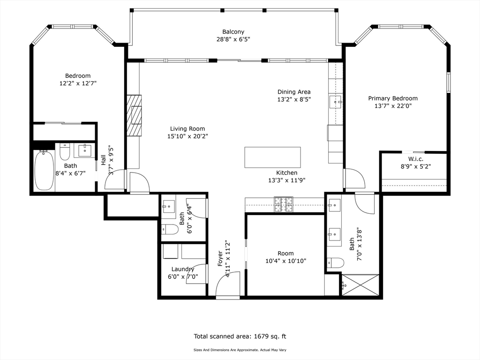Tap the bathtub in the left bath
click(44, 170)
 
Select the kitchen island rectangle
click(272, 157)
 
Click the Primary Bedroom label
click(392, 98)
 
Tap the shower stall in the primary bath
click(360, 285)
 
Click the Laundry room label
click(183, 269)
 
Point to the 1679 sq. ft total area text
click(240, 336)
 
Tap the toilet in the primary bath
click(335, 262)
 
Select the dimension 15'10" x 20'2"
click(187, 136)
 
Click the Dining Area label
click(294, 92)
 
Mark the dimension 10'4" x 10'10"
click(285, 261)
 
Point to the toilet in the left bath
click(65, 152)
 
